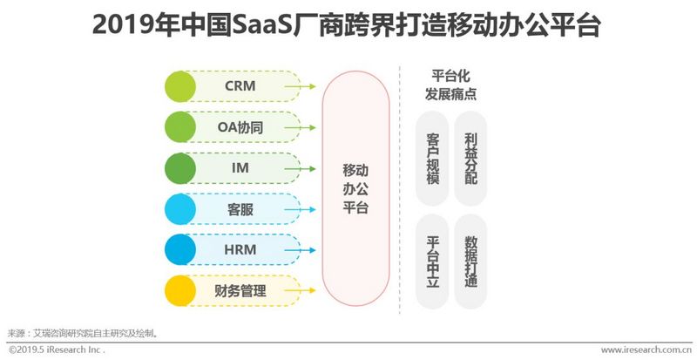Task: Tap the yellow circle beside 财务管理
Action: [x=180, y=290]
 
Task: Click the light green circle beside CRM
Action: [x=180, y=86]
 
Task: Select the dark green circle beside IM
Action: [x=180, y=167]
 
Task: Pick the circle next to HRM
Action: [x=180, y=249]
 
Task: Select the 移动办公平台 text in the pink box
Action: [x=355, y=187]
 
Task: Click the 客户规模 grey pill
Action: [x=433, y=160]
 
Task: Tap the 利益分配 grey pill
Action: [x=470, y=160]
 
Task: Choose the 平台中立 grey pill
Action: [x=433, y=261]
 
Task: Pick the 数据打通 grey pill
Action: [x=470, y=261]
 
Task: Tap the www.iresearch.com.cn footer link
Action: [x=640, y=350]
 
